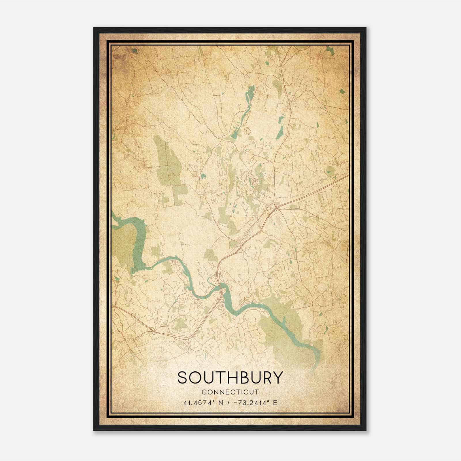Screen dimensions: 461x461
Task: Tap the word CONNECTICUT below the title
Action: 230,392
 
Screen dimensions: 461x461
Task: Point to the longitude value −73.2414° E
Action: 254,403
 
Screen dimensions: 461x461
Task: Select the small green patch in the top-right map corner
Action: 330,51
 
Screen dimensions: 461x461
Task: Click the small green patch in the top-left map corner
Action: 134,51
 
